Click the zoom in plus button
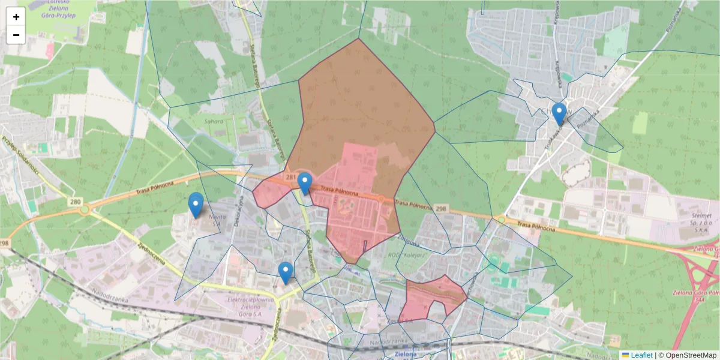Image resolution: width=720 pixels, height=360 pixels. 16,17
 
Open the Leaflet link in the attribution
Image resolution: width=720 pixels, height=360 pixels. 641,355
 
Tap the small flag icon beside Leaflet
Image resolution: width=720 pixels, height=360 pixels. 625,355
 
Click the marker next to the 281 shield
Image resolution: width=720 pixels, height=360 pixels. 305,184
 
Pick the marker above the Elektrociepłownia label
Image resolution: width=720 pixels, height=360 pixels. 286,273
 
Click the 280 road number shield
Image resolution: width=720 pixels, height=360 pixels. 75,202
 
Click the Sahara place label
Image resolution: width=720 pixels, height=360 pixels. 214,121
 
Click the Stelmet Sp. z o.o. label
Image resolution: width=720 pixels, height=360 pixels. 701,222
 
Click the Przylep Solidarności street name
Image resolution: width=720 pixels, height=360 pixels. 20,154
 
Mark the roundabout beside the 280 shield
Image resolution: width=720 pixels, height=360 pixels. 85,209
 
